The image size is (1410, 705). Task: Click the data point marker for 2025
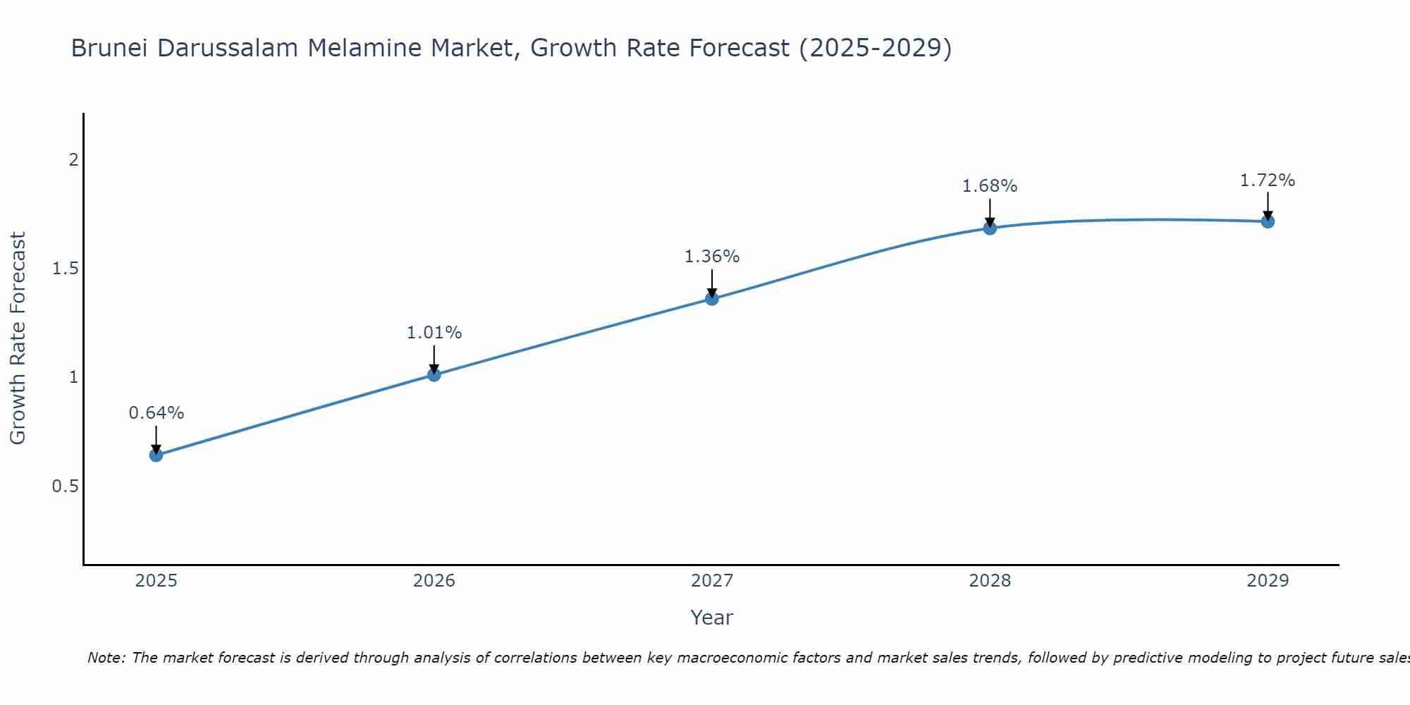[x=156, y=455]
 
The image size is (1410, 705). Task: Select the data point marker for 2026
[x=434, y=374]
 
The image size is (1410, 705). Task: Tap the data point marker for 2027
[x=711, y=298]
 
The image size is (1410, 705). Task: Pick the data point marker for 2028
[x=990, y=228]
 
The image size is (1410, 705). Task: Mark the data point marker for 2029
[x=1268, y=221]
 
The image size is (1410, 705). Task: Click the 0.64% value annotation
[x=156, y=413]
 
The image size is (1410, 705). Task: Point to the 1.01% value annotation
[x=434, y=333]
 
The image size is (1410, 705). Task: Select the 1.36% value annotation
[x=711, y=257]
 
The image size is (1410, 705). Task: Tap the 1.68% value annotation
[x=990, y=186]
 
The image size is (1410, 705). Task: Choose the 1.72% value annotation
[x=1268, y=180]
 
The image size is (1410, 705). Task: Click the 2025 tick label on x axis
[x=156, y=581]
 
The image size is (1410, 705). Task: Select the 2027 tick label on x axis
[x=711, y=581]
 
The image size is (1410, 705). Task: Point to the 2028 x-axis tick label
[x=990, y=581]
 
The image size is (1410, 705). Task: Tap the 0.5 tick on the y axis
[x=66, y=486]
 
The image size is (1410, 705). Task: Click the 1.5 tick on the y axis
[x=66, y=269]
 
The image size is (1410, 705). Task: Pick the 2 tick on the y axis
[x=73, y=160]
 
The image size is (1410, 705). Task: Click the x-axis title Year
[x=711, y=618]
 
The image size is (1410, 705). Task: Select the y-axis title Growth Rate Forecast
[x=18, y=338]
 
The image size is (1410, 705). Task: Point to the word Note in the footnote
[x=106, y=658]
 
